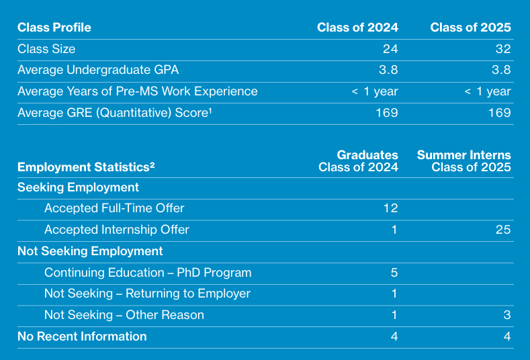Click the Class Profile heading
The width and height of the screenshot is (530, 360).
(x=54, y=28)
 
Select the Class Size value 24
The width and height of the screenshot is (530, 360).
(x=390, y=49)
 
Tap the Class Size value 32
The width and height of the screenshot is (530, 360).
(x=503, y=49)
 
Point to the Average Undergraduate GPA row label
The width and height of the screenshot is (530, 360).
(x=98, y=70)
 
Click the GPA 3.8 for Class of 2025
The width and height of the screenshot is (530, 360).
(x=501, y=70)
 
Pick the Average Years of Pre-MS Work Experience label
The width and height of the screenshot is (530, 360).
(x=137, y=91)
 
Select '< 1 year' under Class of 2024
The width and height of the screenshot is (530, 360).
(x=375, y=91)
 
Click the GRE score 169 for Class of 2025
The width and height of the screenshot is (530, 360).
(x=499, y=113)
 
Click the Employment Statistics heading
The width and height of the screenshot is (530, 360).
(x=86, y=167)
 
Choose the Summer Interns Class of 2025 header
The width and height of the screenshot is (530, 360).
(x=464, y=161)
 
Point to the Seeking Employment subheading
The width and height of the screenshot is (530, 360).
(x=78, y=187)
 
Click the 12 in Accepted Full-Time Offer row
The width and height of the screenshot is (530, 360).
(x=390, y=208)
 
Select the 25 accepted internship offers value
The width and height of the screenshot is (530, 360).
(x=503, y=230)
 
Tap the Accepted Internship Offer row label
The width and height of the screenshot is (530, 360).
(x=116, y=230)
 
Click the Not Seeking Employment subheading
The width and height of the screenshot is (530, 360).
(x=90, y=251)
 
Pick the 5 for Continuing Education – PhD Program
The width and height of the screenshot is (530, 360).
(x=394, y=273)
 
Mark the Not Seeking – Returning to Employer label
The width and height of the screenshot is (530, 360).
(x=147, y=294)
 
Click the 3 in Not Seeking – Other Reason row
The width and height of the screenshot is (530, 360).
(x=507, y=315)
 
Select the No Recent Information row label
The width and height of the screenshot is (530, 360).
(x=82, y=336)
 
